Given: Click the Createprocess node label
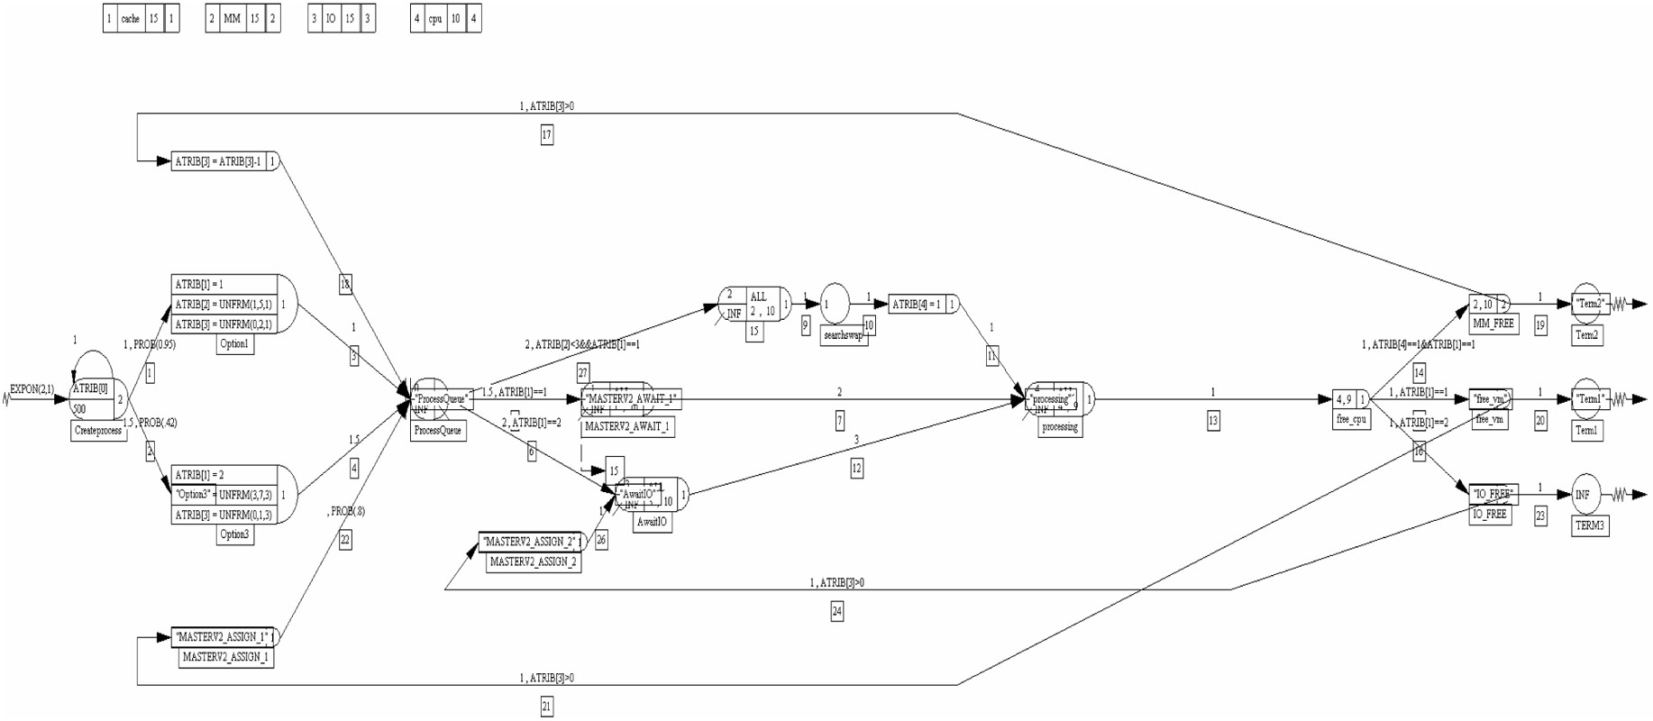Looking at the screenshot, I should [98, 431].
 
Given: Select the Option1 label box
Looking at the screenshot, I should [234, 343].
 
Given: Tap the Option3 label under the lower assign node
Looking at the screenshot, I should [234, 534].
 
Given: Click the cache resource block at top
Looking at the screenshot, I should [141, 18].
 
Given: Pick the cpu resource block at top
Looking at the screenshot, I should [445, 18].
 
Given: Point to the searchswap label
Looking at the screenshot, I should [844, 335].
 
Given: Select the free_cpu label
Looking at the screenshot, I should [1351, 419].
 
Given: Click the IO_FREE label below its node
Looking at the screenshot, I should [1489, 515].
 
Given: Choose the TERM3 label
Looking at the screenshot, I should [1589, 525].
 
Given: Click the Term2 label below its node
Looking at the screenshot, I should [1586, 335].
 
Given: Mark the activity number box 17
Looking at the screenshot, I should [546, 135].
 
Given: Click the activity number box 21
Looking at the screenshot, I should [546, 707].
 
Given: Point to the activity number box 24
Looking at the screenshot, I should [836, 612].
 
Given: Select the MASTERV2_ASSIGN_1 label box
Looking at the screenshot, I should [225, 657].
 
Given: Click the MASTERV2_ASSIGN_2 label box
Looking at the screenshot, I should [533, 561].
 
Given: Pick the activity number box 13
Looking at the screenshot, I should [1212, 420].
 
